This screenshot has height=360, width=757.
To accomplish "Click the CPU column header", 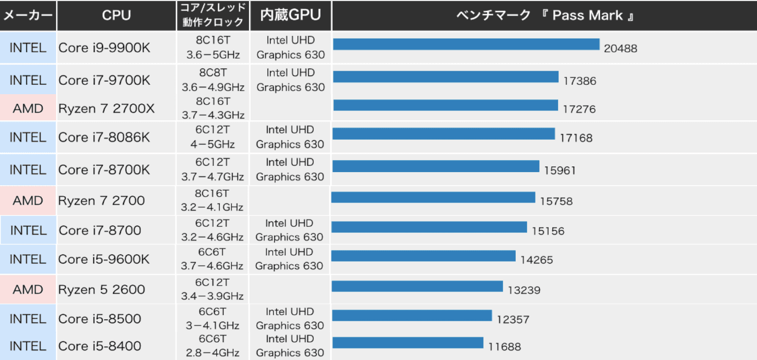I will click(116, 16).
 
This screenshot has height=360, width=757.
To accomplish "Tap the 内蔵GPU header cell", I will click(291, 16).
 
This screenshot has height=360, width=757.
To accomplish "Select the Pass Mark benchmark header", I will click(544, 16).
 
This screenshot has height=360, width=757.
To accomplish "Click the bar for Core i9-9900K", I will click(466, 44).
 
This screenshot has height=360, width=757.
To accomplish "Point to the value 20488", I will click(620, 49).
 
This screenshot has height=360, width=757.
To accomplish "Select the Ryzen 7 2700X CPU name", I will click(106, 109).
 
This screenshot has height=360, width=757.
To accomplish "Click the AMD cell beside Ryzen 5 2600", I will click(28, 289).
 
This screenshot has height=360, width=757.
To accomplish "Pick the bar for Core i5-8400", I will click(408, 343).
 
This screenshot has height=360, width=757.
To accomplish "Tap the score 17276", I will click(580, 109).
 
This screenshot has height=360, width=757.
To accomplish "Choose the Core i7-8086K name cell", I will click(104, 137).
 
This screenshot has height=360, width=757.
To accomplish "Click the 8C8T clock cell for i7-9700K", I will click(213, 80).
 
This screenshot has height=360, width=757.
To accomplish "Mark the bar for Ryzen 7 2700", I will click(433, 197).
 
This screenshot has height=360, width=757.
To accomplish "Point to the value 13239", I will click(524, 290).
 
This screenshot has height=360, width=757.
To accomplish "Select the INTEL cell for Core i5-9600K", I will click(28, 259).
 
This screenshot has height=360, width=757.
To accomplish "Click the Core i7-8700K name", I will click(104, 170).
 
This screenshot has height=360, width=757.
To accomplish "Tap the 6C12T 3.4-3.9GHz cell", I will click(213, 289).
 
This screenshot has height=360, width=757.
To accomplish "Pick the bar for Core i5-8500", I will click(412, 316).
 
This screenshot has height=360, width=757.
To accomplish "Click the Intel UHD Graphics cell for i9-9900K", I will click(291, 48).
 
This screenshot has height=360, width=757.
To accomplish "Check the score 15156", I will click(548, 231).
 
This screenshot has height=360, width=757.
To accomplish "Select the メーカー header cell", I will click(28, 16).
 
